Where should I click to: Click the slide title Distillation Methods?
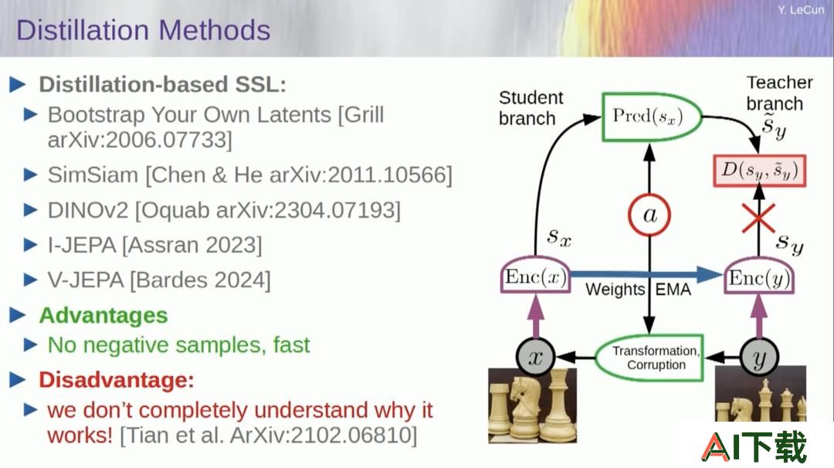coord(143,30)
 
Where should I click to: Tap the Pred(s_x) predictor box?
coord(652,117)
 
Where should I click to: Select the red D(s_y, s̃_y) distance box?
coord(760,171)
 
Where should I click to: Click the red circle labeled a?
coord(649,215)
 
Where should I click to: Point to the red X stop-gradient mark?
coord(758,218)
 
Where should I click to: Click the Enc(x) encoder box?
coord(536,276)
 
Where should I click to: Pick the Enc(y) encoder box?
coord(759,277)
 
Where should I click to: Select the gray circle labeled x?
coord(536,357)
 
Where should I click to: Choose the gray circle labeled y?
coord(759,358)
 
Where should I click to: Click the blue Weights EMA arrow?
coord(647,274)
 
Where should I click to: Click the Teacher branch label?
coord(779,93)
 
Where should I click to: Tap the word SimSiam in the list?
coord(93,175)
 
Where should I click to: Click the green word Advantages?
coord(103,315)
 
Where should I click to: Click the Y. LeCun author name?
coord(801,9)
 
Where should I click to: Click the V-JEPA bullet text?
coord(159,280)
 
